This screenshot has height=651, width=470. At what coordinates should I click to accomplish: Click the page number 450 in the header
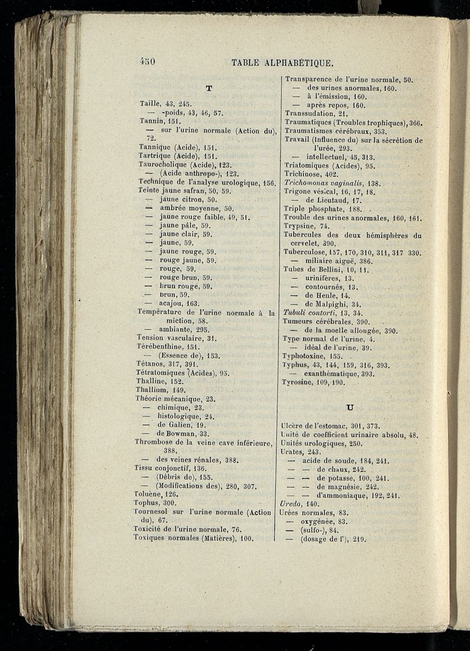coord(146,61)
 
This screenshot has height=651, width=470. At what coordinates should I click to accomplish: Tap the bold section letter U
coord(351,407)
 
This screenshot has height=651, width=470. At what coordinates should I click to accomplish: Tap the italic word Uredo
coord(291,504)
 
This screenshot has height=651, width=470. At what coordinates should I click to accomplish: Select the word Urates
coord(294,452)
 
